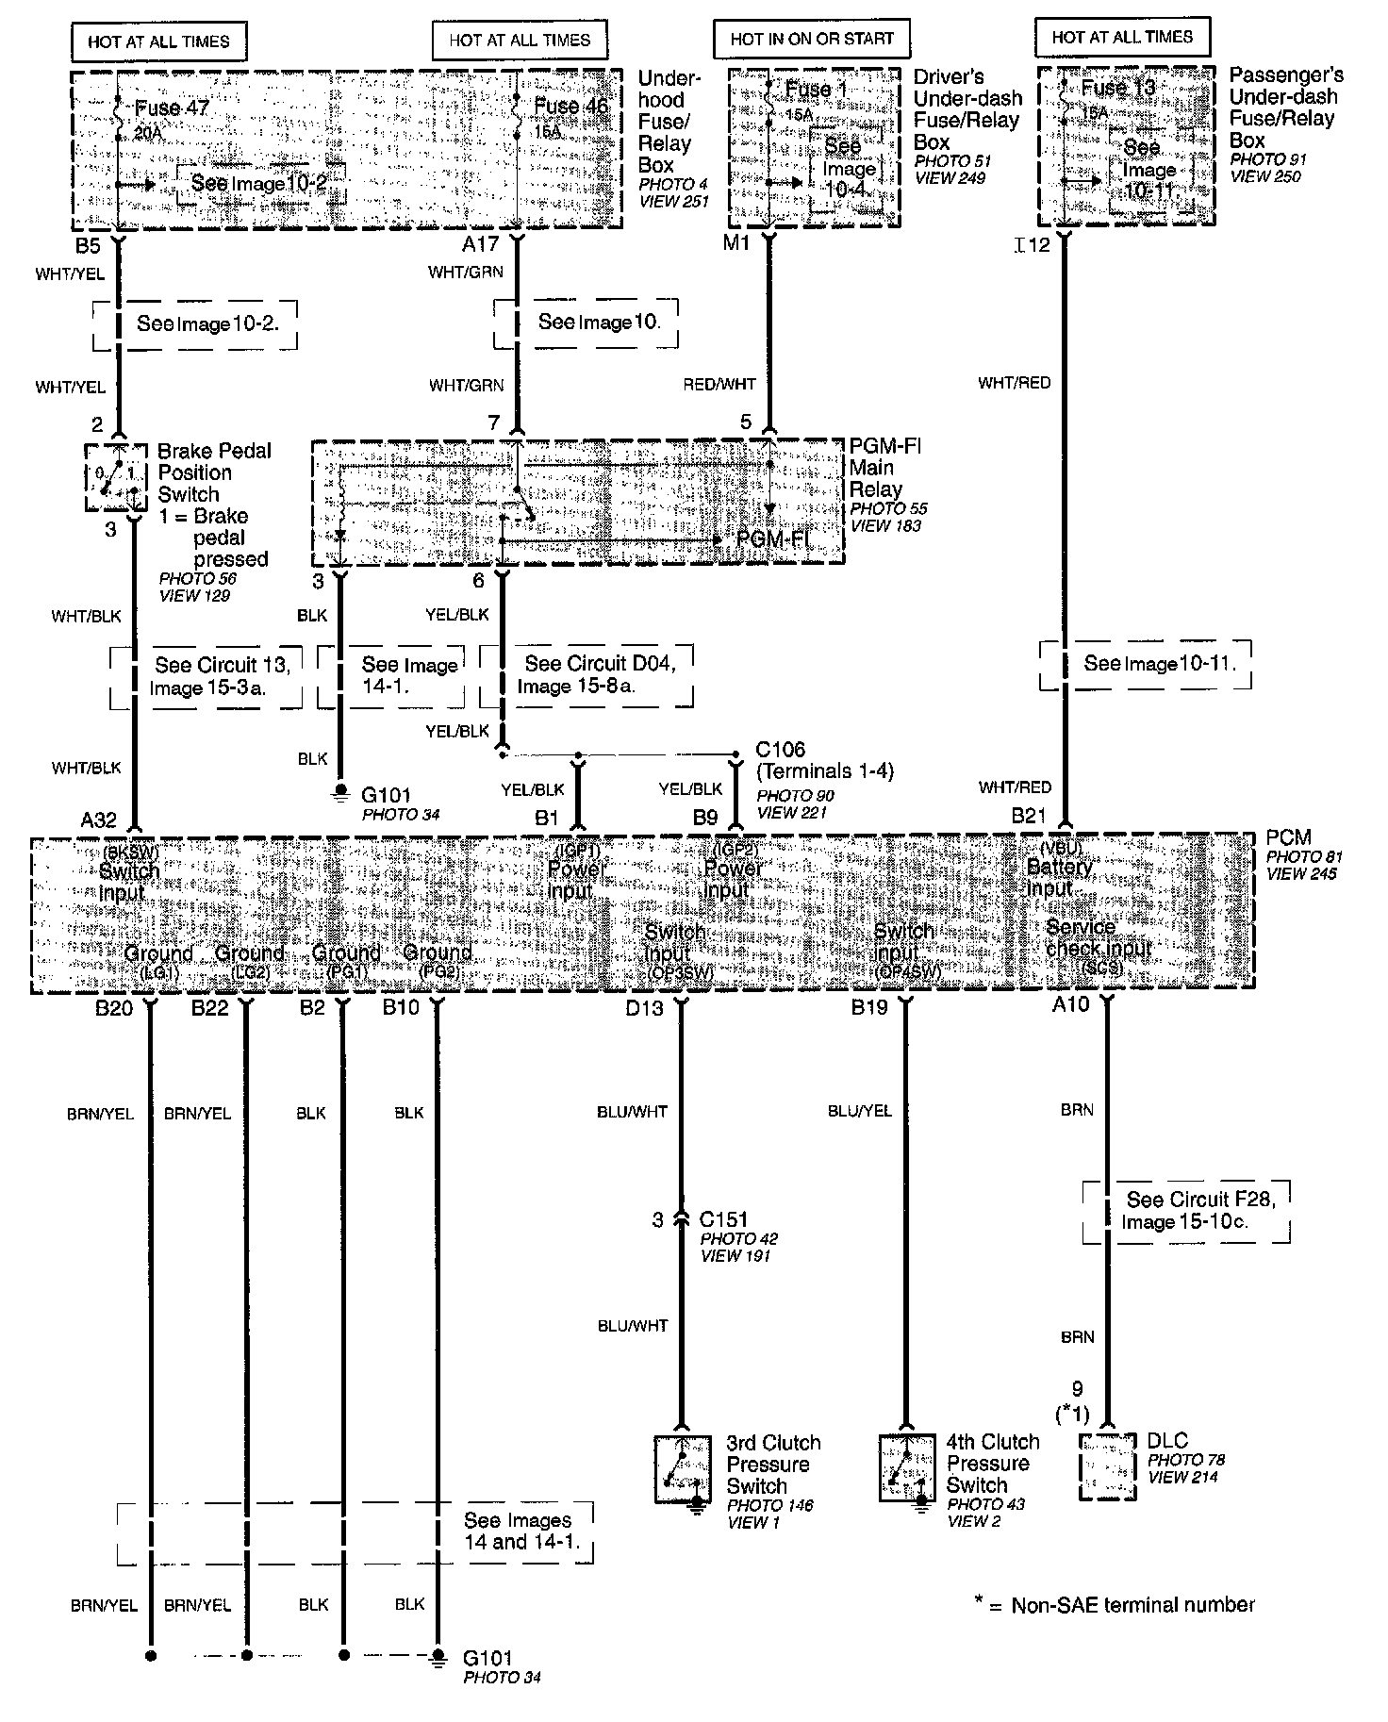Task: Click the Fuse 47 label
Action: pos(172,108)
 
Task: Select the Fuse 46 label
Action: pos(570,107)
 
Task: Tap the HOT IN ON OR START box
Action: pos(811,40)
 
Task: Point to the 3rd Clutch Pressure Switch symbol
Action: pos(683,1469)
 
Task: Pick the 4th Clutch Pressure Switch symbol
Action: pos(906,1467)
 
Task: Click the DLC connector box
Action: pos(1106,1466)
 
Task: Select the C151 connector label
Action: pos(723,1219)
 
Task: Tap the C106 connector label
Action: pos(780,751)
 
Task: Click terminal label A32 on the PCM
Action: pos(98,820)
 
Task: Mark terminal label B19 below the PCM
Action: pos(869,1008)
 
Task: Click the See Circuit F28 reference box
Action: pos(1186,1211)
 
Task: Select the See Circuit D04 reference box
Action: pos(587,674)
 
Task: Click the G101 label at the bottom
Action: pos(487,1658)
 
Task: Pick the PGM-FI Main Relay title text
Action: pos(884,468)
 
